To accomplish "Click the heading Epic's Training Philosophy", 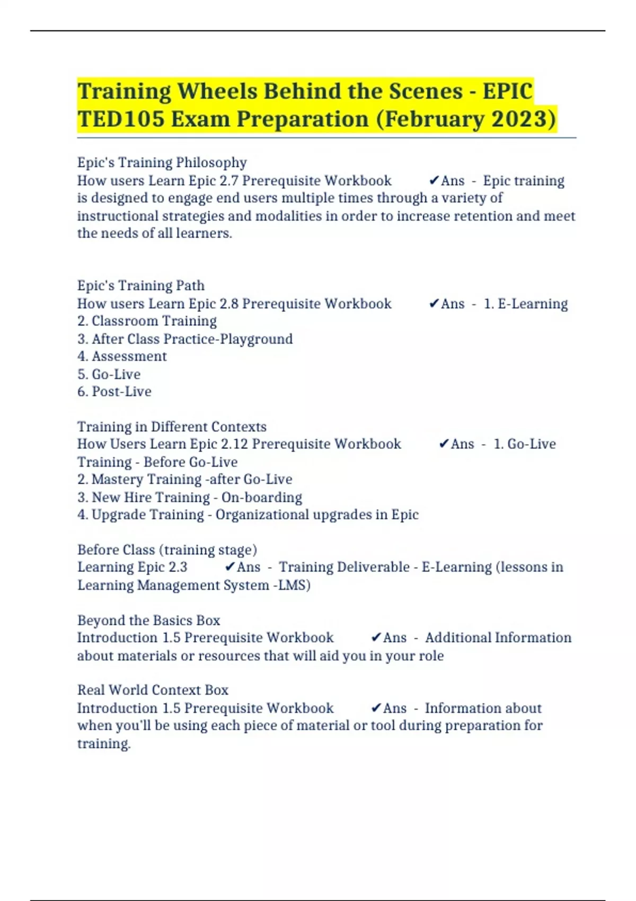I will point(162,162).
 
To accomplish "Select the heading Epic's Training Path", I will point(140,286).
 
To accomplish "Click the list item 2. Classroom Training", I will point(147,321).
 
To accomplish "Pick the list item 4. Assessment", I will point(122,356).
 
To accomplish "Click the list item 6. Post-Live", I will point(114,392).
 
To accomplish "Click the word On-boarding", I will point(262,498).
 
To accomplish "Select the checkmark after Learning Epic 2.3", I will point(229,567).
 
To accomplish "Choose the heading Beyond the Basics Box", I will point(148,621).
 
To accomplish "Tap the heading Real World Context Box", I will point(153,690).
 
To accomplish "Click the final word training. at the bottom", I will point(104,744).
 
